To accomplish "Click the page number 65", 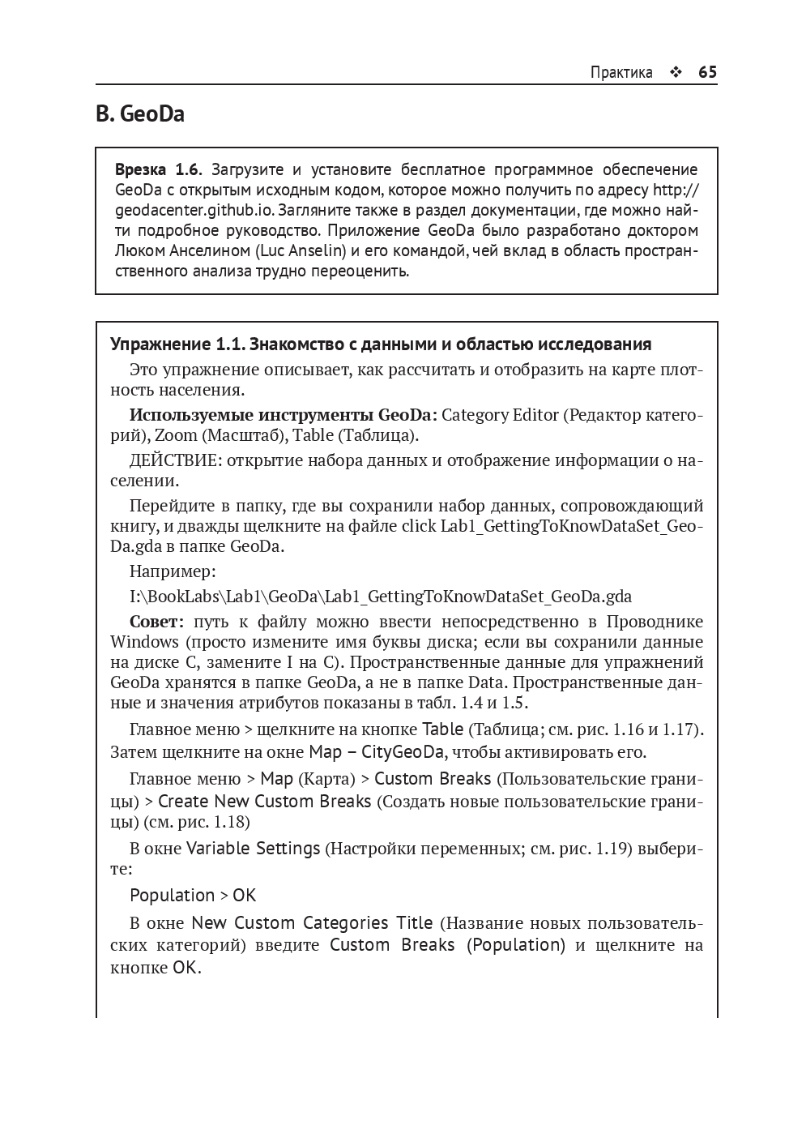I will point(707,72).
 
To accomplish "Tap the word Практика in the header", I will point(621,72).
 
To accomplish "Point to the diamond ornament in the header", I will point(676,72).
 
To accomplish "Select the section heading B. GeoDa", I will point(140,114).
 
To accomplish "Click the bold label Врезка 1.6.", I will point(157,169).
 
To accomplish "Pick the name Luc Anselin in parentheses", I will point(302,250).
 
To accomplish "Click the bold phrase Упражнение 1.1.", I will point(177,344).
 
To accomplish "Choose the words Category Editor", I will point(500,415).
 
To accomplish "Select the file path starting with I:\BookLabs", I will point(381,597).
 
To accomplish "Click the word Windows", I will point(144,642).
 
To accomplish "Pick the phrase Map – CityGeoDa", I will point(377,752).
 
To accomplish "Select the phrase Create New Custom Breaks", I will point(264,802).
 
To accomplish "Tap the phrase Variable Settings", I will point(254,849).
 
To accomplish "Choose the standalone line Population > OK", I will point(193,896).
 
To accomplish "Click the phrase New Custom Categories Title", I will point(312,923).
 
